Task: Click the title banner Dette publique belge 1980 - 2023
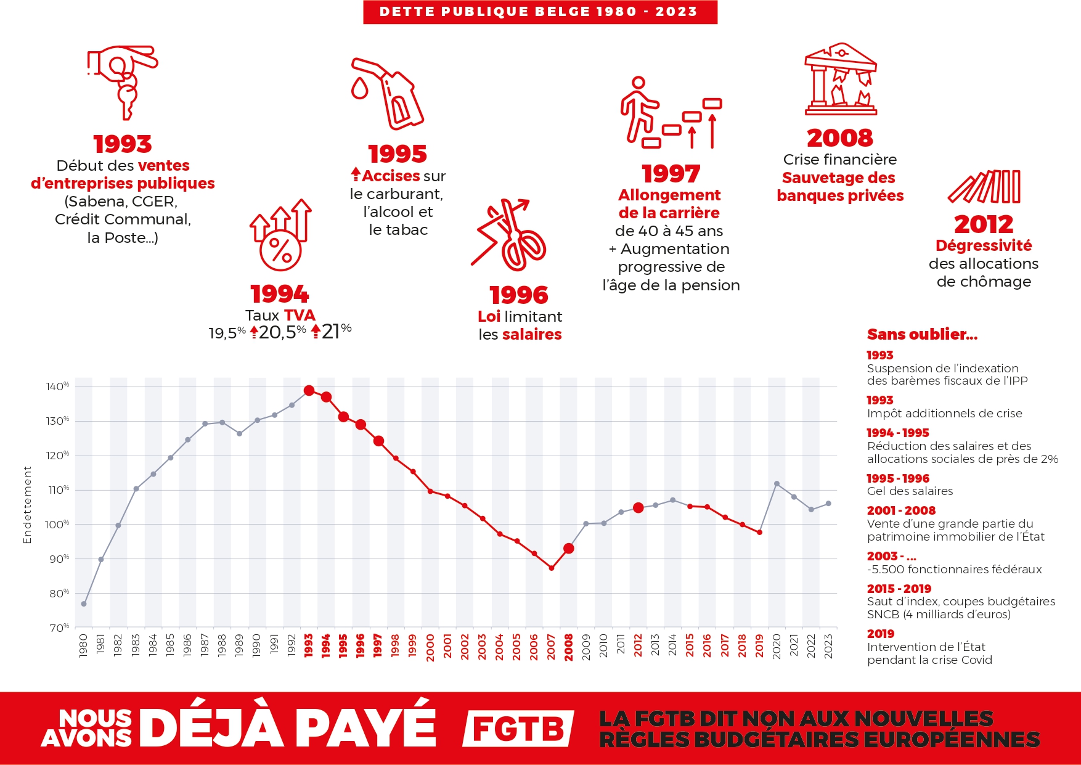point(540,12)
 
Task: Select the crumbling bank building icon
point(840,80)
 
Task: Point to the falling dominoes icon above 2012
point(984,187)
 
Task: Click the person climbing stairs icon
point(670,112)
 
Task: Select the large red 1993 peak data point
point(309,390)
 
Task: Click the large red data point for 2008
point(569,548)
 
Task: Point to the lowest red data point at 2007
point(552,568)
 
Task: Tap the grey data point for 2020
point(777,484)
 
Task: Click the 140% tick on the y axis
point(57,387)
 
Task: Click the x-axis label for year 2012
point(638,645)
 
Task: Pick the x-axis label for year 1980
point(84,645)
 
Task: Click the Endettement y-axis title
point(27,504)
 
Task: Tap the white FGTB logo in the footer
point(518,729)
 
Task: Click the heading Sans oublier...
point(922,334)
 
